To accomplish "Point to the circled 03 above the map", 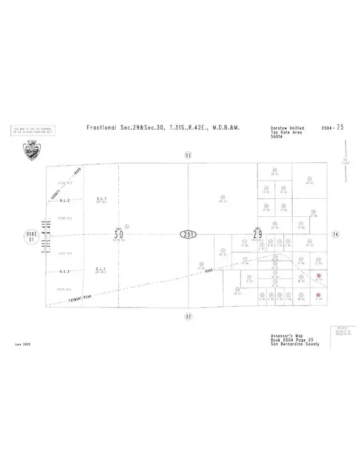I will [188, 155].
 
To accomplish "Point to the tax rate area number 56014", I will [278, 136].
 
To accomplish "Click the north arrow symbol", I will [346, 163].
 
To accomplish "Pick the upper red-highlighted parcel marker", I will [319, 276].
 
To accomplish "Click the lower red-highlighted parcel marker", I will [319, 294].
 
